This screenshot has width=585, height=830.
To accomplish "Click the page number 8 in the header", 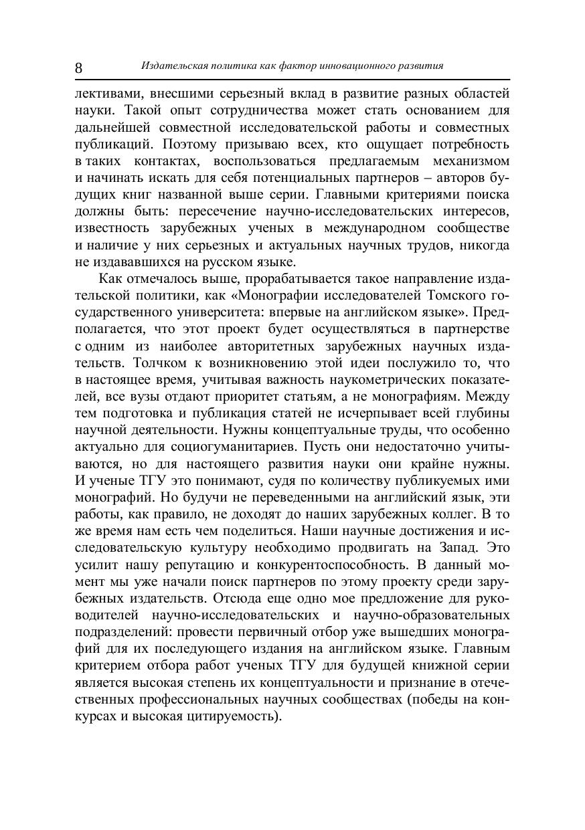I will click(x=79, y=68).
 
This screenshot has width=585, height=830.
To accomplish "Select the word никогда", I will click(x=484, y=245).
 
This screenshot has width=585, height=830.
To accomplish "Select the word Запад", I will click(x=452, y=548).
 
